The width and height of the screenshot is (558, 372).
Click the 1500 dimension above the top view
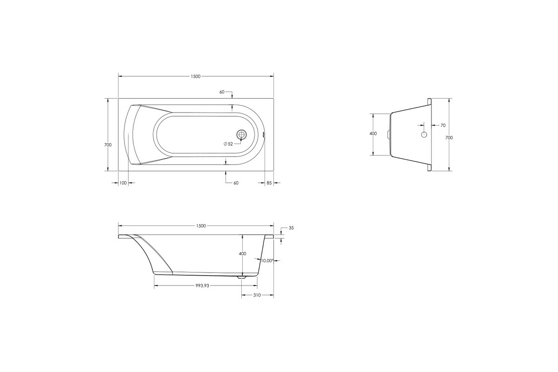point(196,77)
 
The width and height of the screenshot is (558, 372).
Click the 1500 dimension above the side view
point(201,226)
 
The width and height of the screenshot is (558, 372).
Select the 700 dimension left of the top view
point(108,145)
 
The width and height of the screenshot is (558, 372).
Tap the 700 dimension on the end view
point(449,138)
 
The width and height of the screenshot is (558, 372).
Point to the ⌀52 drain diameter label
point(228,144)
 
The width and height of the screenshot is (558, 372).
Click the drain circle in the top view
point(241,134)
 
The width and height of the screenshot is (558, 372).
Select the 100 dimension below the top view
point(123,183)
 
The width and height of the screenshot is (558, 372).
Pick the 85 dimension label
point(269,183)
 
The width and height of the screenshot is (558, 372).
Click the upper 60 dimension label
point(222,92)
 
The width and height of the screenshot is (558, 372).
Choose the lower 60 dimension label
point(236,183)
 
